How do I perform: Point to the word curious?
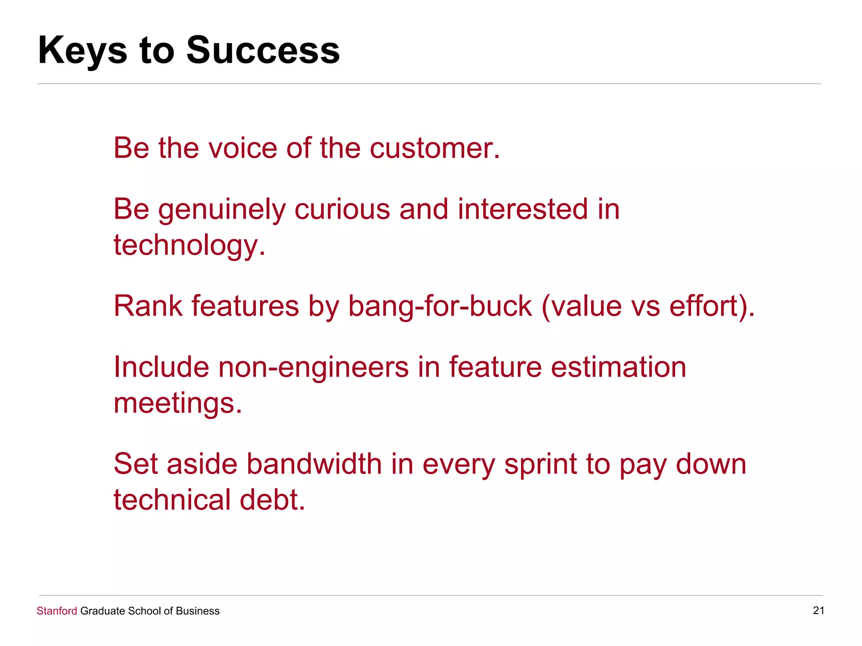click(342, 209)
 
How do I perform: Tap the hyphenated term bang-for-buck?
click(440, 306)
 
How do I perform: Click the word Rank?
click(148, 306)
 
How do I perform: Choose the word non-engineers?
click(314, 367)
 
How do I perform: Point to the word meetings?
click(177, 403)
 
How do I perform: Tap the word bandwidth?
click(314, 464)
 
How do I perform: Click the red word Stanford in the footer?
click(57, 611)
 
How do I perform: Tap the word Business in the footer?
click(197, 611)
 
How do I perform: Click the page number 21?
click(818, 610)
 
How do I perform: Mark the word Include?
click(161, 367)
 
